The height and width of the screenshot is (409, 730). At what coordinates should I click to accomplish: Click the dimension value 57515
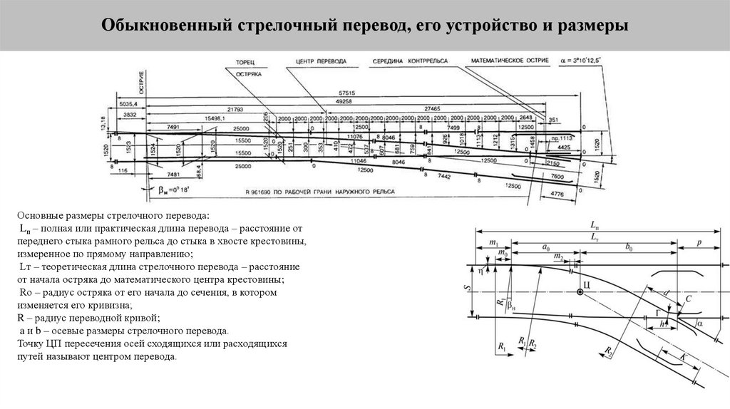[348, 93]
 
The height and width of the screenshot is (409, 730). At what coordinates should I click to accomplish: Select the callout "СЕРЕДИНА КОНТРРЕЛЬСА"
[410, 62]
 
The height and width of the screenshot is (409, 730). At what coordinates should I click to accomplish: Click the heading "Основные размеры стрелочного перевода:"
[114, 214]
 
